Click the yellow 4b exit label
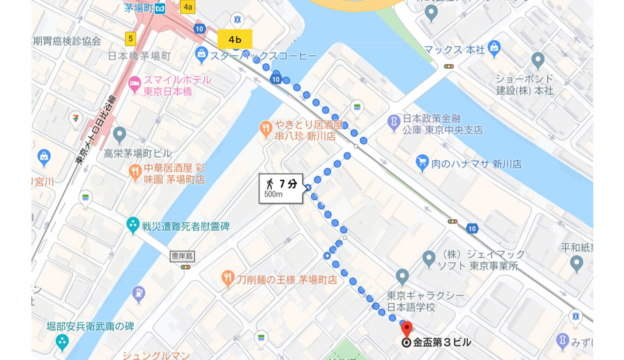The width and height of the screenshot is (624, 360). pyautogui.click(x=234, y=39)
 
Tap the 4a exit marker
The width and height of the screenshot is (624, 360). pyautogui.click(x=187, y=7)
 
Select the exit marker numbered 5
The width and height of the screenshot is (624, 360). pyautogui.click(x=130, y=38)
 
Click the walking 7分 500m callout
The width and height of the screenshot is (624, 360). pyautogui.click(x=281, y=188)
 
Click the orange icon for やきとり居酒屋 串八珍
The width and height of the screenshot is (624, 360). pyautogui.click(x=266, y=128)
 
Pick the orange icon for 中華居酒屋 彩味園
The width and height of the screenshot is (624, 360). pyautogui.click(x=135, y=170)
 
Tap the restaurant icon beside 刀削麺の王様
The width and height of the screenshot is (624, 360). pyautogui.click(x=227, y=278)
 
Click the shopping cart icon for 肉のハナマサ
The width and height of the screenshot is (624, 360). pyautogui.click(x=422, y=163)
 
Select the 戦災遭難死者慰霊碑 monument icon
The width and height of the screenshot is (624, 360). pyautogui.click(x=132, y=225)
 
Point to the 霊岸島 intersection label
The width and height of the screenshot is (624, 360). pyautogui.click(x=182, y=256)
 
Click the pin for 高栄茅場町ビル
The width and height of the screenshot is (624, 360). pyautogui.click(x=119, y=135)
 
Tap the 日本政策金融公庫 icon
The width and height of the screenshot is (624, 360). pyautogui.click(x=394, y=122)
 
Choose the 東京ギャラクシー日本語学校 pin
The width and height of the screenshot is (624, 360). pyautogui.click(x=402, y=276)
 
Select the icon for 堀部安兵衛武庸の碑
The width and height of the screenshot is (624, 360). pyautogui.click(x=62, y=342)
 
